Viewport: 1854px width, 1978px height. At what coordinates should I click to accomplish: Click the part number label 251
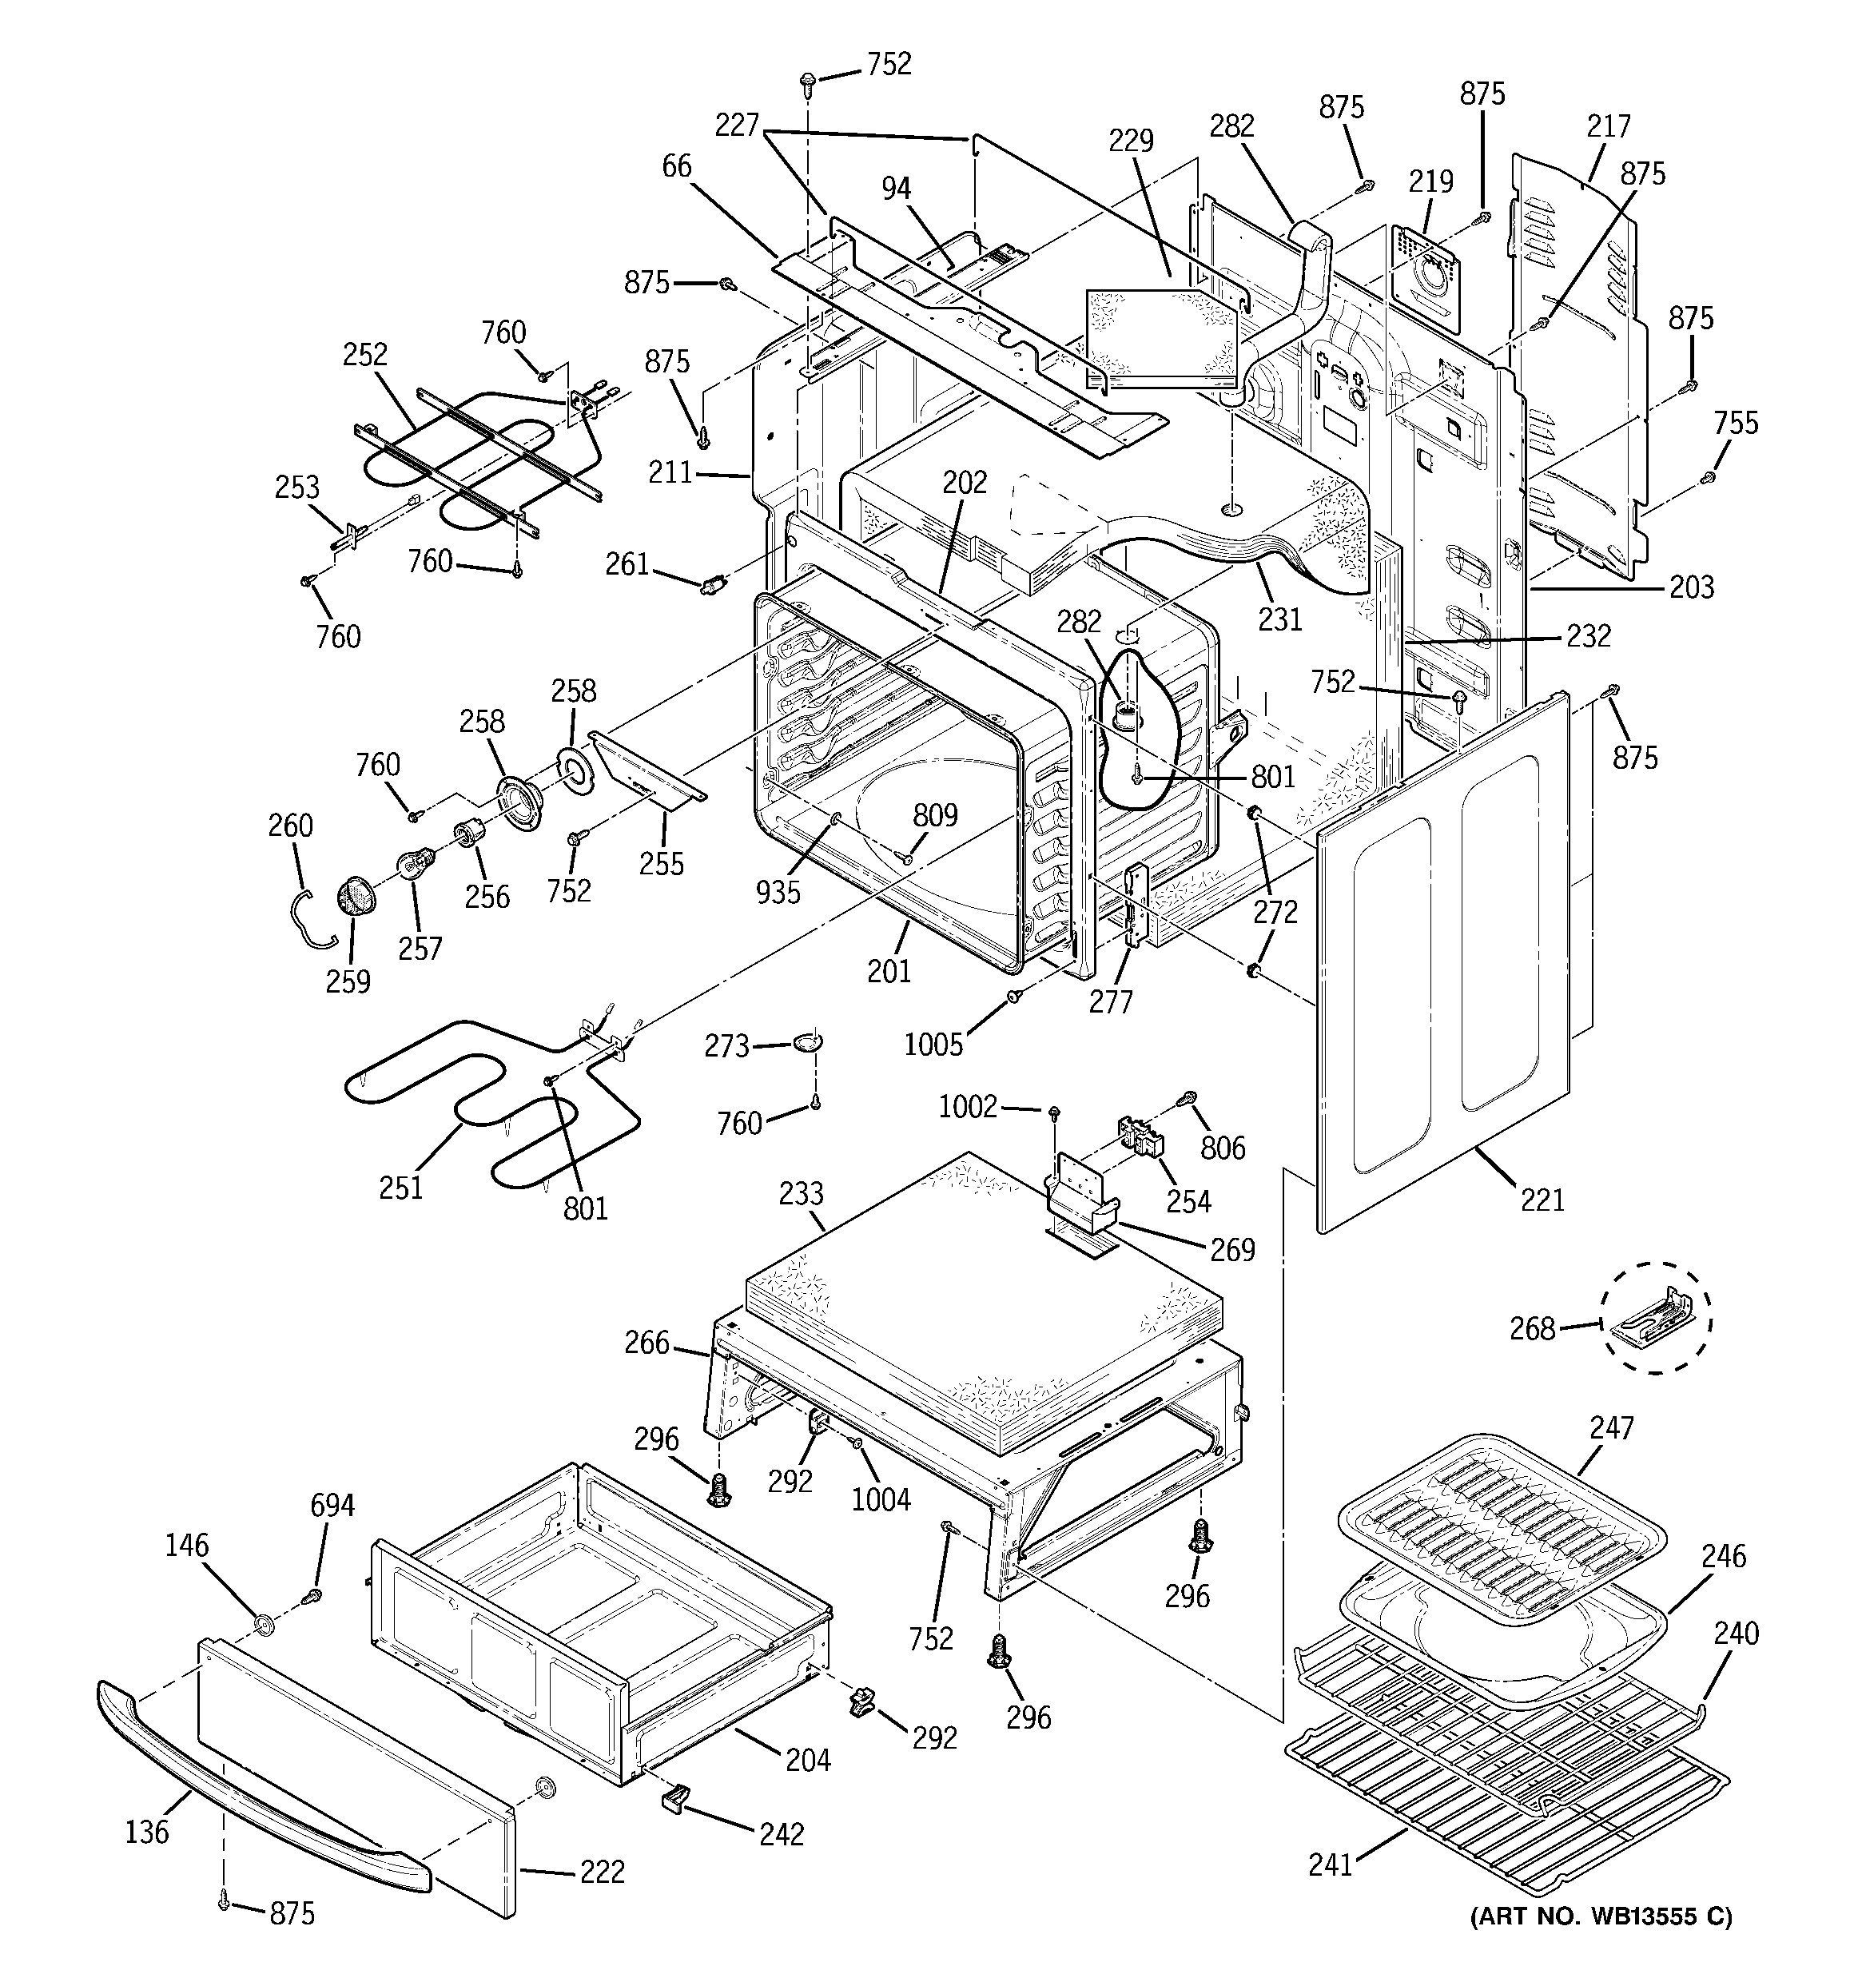[401, 1187]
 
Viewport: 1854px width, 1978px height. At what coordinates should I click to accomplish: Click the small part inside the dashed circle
[1656, 1319]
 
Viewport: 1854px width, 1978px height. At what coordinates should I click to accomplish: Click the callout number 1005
[933, 1044]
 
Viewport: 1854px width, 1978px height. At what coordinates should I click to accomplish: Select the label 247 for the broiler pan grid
[1611, 1428]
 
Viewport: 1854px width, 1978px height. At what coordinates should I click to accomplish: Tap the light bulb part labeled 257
[415, 864]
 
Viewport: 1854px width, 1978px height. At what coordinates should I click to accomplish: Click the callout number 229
[1132, 141]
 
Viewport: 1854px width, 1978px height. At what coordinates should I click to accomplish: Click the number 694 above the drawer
[332, 1506]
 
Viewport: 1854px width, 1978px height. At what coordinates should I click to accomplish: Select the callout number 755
[1736, 423]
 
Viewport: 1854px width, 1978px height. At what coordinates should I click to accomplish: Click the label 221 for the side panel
[1542, 1200]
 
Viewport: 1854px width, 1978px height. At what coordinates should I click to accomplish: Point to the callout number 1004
[881, 1498]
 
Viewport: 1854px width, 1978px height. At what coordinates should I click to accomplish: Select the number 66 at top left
[677, 165]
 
